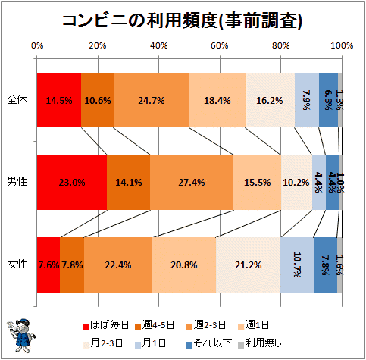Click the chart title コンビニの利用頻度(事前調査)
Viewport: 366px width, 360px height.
click(x=182, y=20)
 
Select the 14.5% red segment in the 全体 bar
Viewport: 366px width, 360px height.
click(x=59, y=100)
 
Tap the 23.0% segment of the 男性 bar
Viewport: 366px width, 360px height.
click(x=72, y=183)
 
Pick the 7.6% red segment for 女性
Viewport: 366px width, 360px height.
click(x=48, y=265)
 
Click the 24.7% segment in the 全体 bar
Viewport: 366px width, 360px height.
click(x=151, y=100)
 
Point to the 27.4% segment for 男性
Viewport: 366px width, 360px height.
click(x=192, y=183)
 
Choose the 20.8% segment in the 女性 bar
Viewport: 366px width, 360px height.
click(x=184, y=265)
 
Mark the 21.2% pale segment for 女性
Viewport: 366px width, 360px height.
click(x=249, y=265)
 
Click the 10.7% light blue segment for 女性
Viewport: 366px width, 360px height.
click(x=297, y=265)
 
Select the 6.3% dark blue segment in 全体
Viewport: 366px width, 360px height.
click(x=328, y=100)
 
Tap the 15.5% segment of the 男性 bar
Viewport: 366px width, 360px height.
click(x=258, y=183)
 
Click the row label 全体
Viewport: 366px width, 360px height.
click(x=17, y=100)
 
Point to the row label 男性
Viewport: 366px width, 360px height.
click(x=17, y=181)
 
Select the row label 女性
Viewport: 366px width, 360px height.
click(x=17, y=264)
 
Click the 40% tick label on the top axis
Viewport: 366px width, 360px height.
click(x=159, y=45)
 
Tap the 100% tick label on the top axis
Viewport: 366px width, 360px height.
click(x=342, y=45)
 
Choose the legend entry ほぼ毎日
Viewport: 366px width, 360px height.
click(x=106, y=325)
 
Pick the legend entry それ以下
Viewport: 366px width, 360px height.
click(x=209, y=343)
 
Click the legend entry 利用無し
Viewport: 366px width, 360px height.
click(x=260, y=343)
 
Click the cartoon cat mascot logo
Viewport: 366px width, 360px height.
click(x=21, y=336)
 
